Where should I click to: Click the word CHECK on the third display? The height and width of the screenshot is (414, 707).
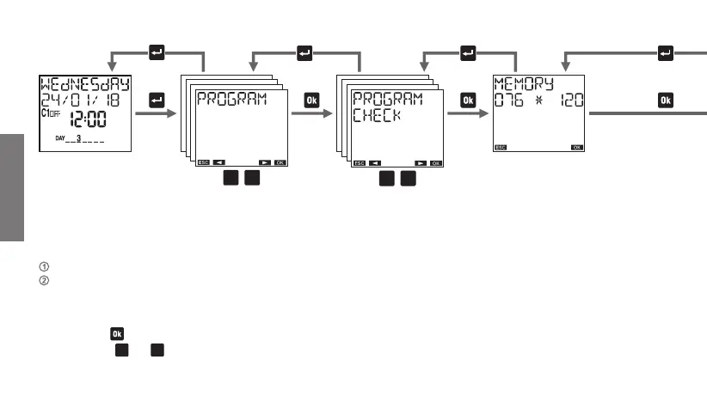click(x=377, y=114)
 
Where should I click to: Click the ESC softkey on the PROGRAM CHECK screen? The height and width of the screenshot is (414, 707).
click(x=358, y=162)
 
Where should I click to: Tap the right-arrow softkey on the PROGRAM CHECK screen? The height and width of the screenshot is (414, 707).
click(x=421, y=162)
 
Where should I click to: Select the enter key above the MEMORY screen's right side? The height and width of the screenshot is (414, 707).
click(x=665, y=53)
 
